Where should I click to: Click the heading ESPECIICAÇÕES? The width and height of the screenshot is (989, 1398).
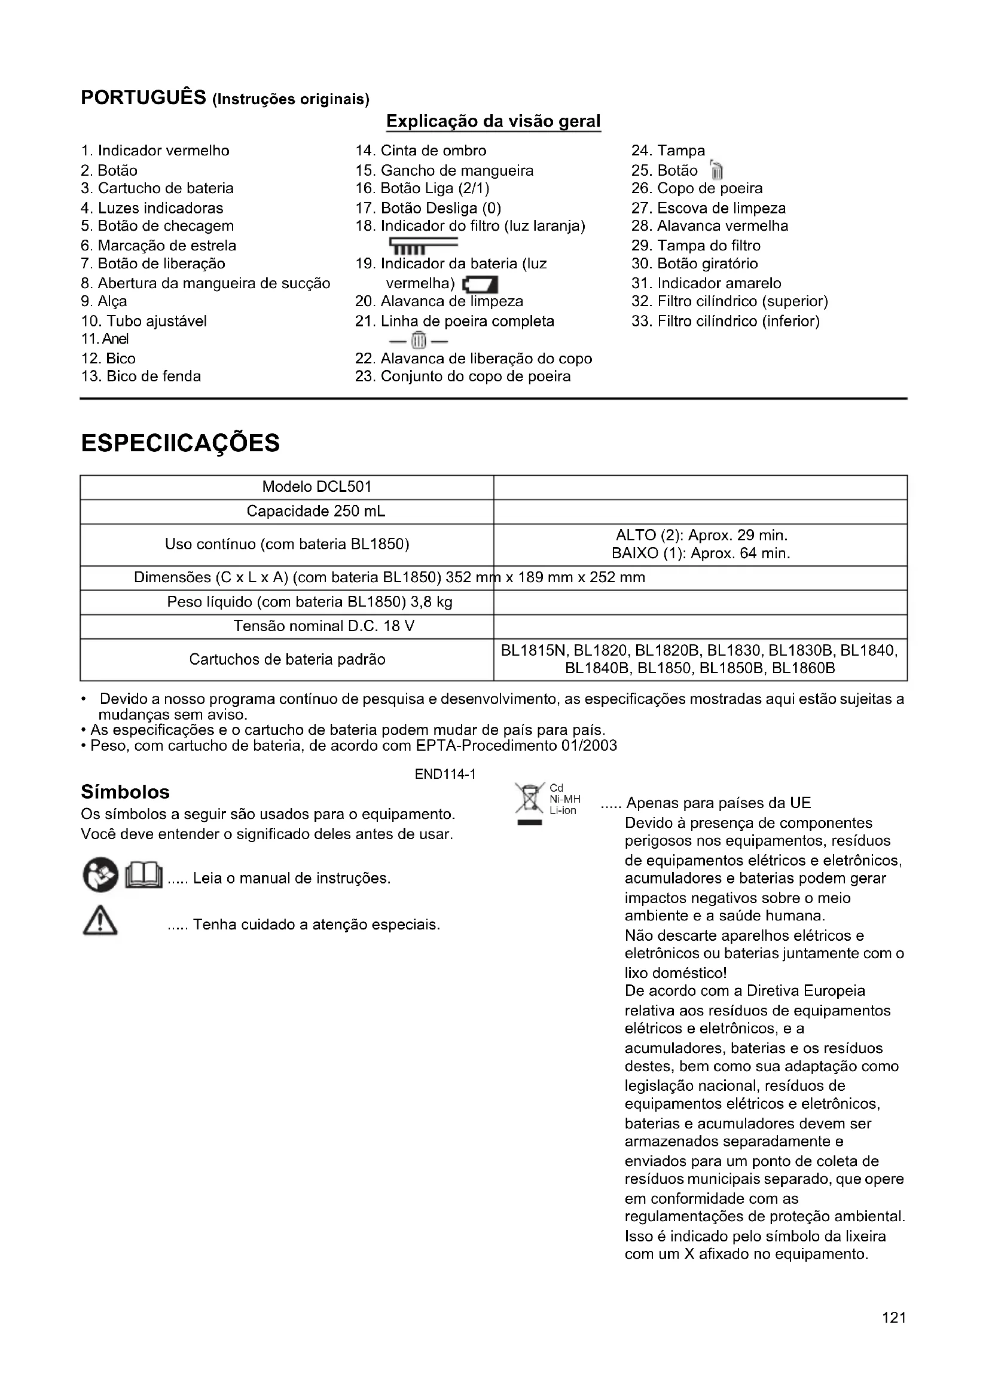(x=180, y=443)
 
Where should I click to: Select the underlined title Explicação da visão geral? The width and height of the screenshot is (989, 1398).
(x=493, y=121)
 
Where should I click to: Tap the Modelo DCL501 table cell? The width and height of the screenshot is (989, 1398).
(x=317, y=487)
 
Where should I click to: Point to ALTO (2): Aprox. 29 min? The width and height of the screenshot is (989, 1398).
(x=701, y=536)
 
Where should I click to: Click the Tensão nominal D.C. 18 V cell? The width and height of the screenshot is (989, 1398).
(x=324, y=626)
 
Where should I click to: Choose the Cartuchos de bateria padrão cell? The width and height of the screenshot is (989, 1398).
(x=287, y=659)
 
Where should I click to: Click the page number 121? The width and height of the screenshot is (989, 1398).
(x=894, y=1319)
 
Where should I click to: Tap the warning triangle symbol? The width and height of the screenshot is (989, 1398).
(x=100, y=922)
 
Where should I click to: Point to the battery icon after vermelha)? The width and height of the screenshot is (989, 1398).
(x=481, y=285)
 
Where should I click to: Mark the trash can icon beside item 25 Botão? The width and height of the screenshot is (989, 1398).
(x=717, y=171)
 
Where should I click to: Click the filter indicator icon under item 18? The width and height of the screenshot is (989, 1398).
(x=422, y=246)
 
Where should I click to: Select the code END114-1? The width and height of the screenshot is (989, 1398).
(x=445, y=774)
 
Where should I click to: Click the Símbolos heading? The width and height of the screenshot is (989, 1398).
(x=126, y=792)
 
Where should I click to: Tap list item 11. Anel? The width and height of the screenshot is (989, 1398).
(x=105, y=339)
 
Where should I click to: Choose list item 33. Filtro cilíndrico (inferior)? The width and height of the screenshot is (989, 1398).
(x=725, y=322)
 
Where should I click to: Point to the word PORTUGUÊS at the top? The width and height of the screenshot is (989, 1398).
(x=144, y=97)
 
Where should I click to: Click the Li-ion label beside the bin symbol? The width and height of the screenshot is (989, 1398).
(x=563, y=811)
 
